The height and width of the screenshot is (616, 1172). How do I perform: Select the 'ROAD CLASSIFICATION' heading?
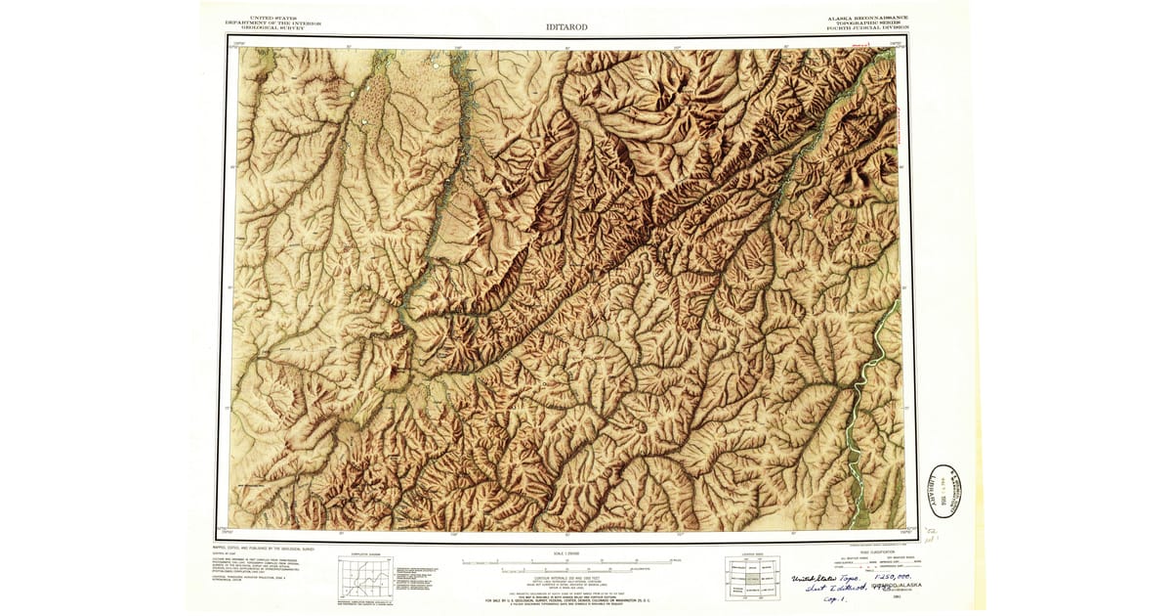[864, 552]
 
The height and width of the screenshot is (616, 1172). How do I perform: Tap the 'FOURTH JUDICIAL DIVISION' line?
[866, 29]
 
